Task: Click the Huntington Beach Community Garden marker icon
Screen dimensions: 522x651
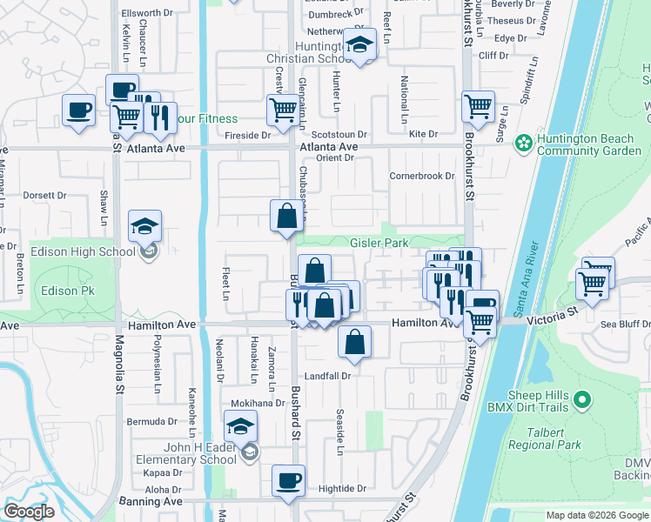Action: click(523, 142)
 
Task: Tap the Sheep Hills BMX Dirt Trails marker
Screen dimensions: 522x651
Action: click(583, 400)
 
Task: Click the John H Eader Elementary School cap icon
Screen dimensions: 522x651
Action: click(240, 426)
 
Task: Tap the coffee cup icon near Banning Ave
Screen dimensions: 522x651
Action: click(288, 479)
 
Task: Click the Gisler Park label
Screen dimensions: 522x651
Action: click(379, 244)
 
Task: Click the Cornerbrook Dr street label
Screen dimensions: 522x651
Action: click(422, 175)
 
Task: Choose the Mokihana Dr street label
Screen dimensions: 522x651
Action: click(258, 404)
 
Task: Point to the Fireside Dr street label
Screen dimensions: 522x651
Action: click(248, 136)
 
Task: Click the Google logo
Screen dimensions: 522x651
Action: click(29, 512)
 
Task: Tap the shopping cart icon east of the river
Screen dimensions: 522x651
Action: click(594, 281)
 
